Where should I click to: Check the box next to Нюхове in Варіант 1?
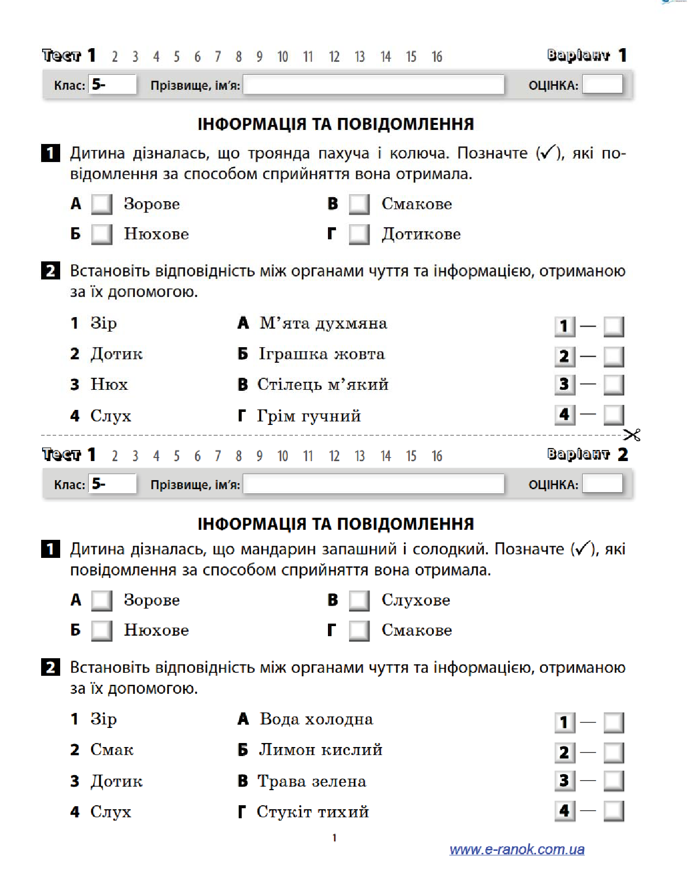click(x=102, y=234)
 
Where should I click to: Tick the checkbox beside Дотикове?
click(x=359, y=234)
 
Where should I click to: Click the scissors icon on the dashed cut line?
click(x=632, y=434)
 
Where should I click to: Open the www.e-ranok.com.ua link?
click(x=517, y=849)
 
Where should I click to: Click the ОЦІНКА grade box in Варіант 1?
click(x=602, y=84)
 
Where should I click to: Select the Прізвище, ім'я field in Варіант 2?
click(x=374, y=484)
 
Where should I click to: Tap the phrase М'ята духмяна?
click(x=323, y=324)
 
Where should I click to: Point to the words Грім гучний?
click(x=309, y=416)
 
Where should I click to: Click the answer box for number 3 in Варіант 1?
click(x=614, y=385)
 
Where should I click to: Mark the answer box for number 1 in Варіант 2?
click(x=614, y=723)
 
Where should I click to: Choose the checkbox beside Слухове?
click(x=359, y=601)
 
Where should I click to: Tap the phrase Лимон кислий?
click(x=321, y=750)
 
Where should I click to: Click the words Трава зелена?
click(x=312, y=781)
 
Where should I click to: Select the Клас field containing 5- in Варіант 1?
click(x=112, y=84)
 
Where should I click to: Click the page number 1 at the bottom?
click(x=334, y=837)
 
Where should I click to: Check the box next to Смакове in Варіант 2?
click(x=359, y=631)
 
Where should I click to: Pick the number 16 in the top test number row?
click(x=437, y=57)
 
